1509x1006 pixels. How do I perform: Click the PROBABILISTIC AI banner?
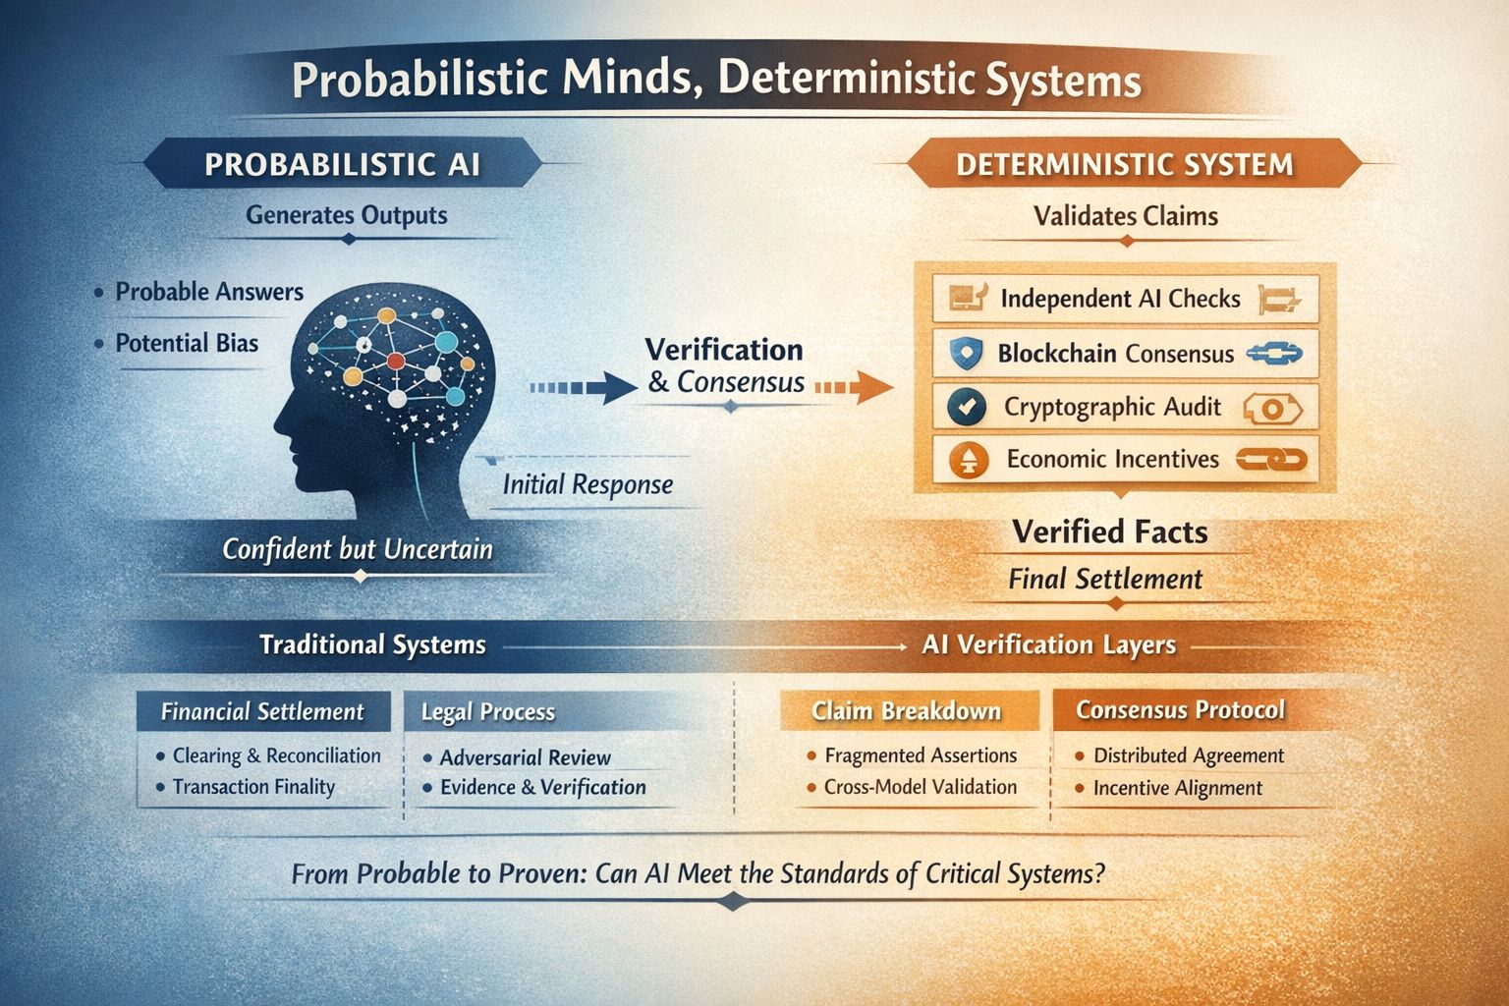(342, 163)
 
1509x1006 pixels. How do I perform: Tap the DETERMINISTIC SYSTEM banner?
(1125, 164)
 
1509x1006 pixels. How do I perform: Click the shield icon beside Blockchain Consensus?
(966, 354)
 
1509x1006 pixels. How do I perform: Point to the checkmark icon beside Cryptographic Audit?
(968, 407)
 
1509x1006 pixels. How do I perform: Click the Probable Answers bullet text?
(209, 292)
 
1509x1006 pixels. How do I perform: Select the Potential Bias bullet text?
(187, 343)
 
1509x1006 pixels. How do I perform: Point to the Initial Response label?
(587, 484)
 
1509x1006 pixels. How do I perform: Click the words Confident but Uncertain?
(357, 548)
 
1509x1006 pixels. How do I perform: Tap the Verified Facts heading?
(1110, 532)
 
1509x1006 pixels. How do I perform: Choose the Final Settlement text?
(1105, 579)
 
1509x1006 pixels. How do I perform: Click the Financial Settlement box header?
(262, 711)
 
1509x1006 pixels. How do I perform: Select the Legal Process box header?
(488, 711)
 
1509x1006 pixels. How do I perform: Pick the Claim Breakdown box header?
(906, 711)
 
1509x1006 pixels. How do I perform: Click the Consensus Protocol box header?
(1180, 709)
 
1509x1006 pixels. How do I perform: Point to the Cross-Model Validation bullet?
(920, 787)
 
